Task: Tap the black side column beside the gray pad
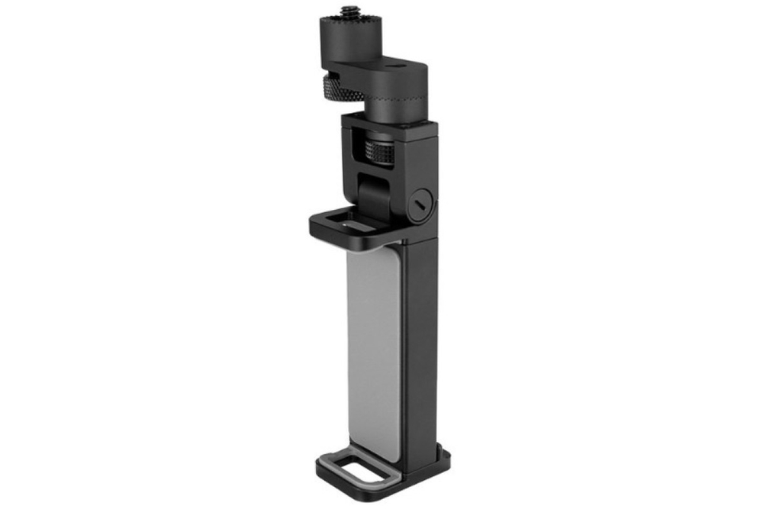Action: point(420,343)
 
